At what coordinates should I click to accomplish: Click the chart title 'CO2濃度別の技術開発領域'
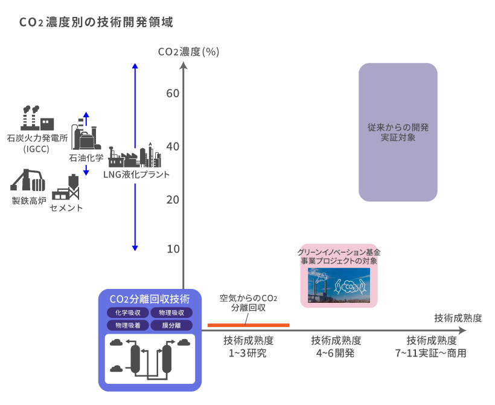click(x=97, y=24)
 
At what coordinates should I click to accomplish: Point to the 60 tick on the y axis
click(x=173, y=93)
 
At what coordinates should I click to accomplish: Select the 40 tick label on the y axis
click(x=173, y=146)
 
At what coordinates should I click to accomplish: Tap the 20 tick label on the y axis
click(x=173, y=199)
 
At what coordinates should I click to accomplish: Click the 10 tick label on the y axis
click(x=173, y=249)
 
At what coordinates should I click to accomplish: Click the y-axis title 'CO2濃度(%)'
click(x=188, y=51)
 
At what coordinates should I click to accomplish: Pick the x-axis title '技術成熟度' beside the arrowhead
click(x=458, y=318)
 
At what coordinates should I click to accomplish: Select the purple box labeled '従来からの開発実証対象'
click(x=398, y=132)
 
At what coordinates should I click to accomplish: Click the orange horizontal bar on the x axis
click(x=248, y=325)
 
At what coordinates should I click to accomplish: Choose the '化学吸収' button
click(x=127, y=313)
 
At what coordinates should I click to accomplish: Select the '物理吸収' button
click(x=171, y=313)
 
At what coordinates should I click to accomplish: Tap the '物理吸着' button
click(x=127, y=325)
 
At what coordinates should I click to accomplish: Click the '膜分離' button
click(x=171, y=325)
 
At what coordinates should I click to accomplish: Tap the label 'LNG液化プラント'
click(x=136, y=175)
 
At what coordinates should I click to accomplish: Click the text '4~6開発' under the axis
click(x=336, y=353)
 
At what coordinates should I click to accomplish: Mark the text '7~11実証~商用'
click(x=430, y=353)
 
